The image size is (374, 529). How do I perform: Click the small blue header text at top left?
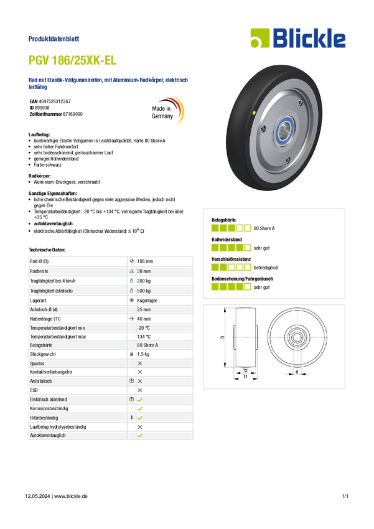click(x=55, y=39)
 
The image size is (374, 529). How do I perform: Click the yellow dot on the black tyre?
click(x=256, y=112)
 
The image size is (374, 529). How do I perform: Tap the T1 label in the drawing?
click(x=245, y=377)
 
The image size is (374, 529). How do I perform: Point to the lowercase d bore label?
click(x=296, y=373)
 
